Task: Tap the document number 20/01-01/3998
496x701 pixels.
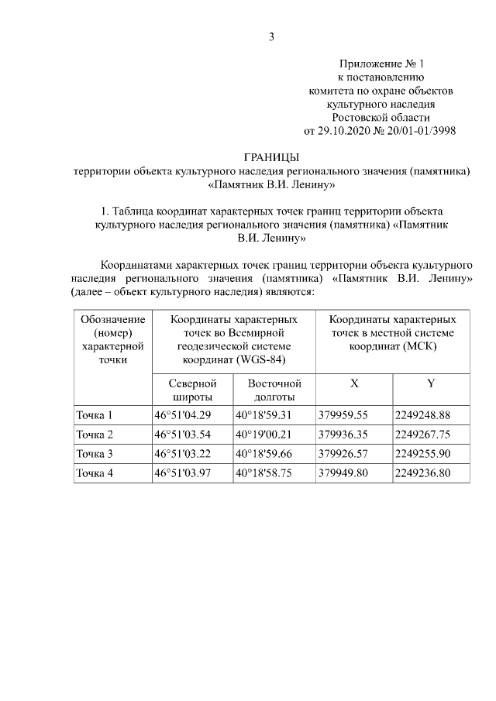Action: coord(418,131)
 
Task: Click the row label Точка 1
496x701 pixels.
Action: coord(94,414)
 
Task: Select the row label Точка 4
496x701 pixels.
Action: coord(94,473)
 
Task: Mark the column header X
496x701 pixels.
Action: coord(354,383)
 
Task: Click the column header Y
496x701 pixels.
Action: coord(431,383)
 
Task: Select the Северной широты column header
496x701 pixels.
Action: coord(192,390)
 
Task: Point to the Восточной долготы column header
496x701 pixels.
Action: coord(274,390)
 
